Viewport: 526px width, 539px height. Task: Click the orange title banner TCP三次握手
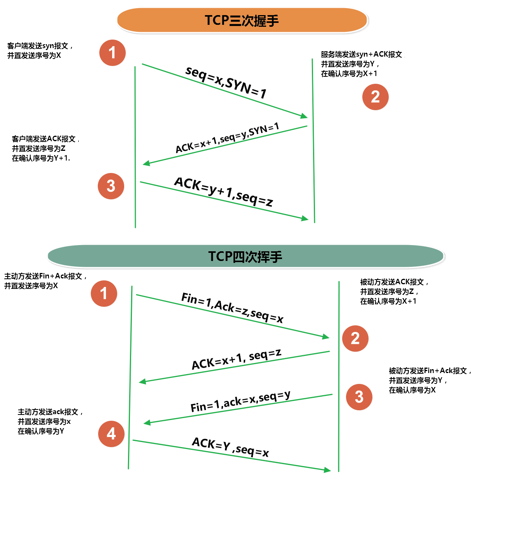tap(242, 21)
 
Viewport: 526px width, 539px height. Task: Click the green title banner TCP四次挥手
tap(245, 257)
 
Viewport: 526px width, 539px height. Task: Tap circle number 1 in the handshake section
tap(112, 53)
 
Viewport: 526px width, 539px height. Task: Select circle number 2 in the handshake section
tap(375, 97)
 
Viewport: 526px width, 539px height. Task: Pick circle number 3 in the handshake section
tap(111, 186)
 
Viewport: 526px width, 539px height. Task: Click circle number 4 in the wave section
tap(111, 434)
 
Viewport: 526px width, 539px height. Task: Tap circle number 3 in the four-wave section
tap(359, 397)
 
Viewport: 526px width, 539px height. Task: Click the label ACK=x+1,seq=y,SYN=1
tap(227, 138)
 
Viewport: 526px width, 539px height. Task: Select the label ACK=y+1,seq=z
tap(223, 192)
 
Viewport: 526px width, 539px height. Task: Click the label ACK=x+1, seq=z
tap(236, 359)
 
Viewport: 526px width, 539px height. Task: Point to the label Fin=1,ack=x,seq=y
tap(240, 401)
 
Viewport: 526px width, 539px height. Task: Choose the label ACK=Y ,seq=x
tap(230, 447)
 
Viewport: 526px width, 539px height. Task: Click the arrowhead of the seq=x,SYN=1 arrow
tap(305, 116)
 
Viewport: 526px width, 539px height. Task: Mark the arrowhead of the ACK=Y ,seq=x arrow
tap(327, 470)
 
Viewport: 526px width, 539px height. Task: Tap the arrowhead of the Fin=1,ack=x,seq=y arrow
tap(147, 423)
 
